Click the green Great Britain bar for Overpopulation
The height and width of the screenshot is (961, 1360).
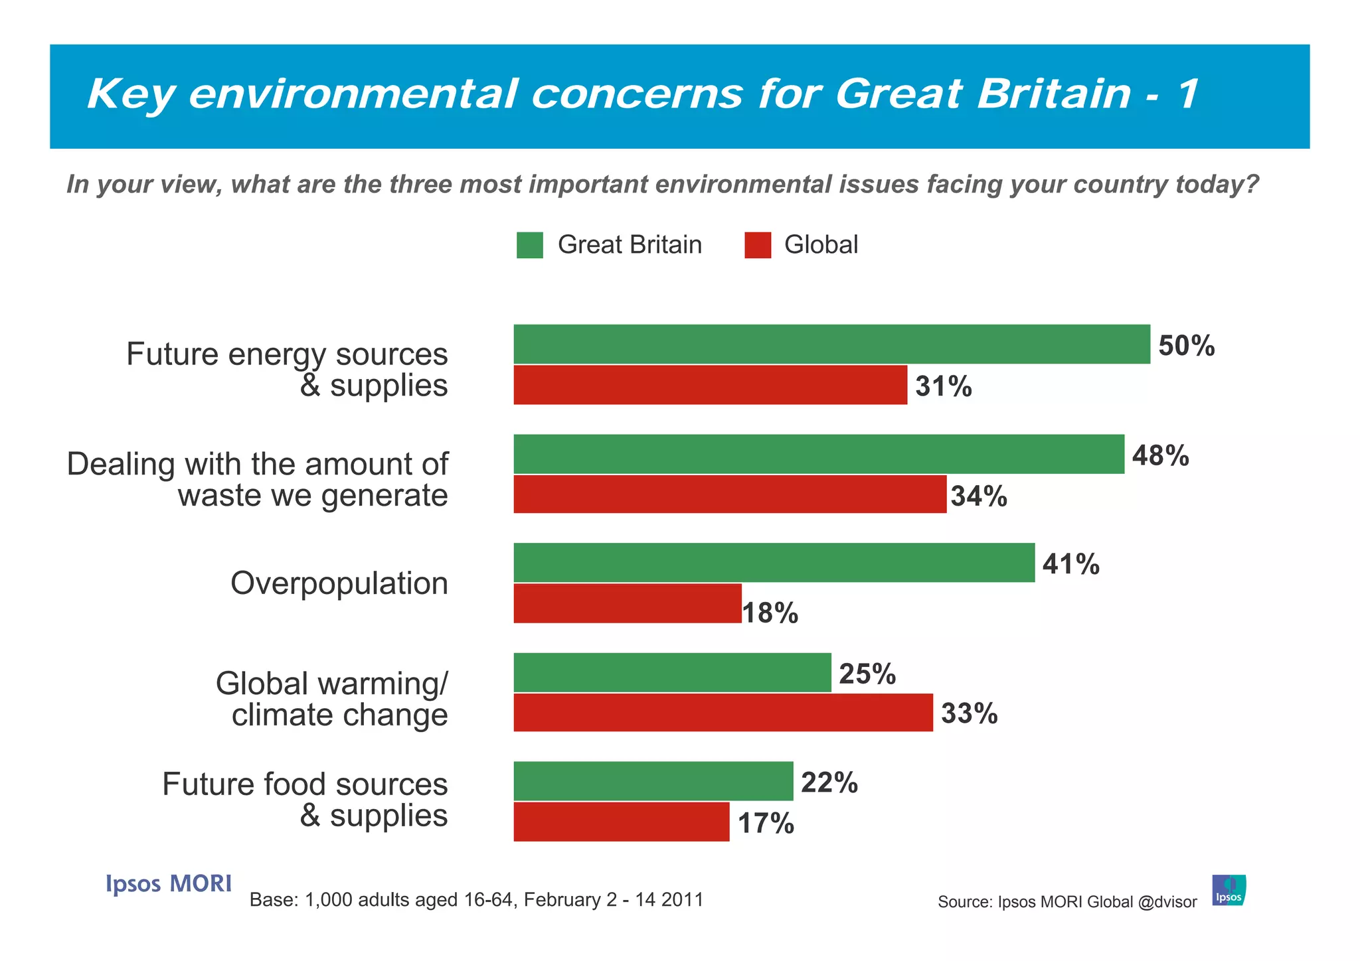[x=774, y=563]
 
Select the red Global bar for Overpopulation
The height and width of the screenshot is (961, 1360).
[x=627, y=603]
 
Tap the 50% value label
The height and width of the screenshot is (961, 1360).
[x=1186, y=346]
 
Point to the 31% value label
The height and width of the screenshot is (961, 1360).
[x=943, y=386]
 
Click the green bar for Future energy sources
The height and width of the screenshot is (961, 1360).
[x=831, y=344]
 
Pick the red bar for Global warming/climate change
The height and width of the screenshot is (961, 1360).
[x=722, y=713]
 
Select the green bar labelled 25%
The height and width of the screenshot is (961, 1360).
[x=672, y=672]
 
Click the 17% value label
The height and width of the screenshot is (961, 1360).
[x=766, y=824]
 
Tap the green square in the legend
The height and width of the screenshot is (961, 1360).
[x=529, y=245]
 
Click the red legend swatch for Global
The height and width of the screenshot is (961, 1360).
[x=757, y=245]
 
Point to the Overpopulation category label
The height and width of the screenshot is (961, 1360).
[x=339, y=583]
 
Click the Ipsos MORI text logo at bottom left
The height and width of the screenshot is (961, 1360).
[x=169, y=883]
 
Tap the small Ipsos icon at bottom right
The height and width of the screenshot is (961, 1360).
[x=1229, y=890]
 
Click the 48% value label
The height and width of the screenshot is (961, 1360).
[x=1160, y=456]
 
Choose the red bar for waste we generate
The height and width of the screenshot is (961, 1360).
[x=729, y=494]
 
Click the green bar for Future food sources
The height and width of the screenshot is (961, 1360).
[x=653, y=781]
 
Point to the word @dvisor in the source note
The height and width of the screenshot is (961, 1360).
[x=1167, y=902]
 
